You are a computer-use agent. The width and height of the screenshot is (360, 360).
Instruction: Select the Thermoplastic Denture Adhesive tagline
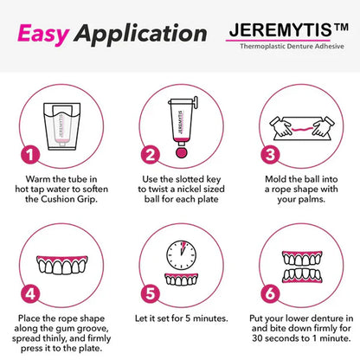click(293, 48)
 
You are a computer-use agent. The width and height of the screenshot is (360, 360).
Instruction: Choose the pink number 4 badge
click(29, 292)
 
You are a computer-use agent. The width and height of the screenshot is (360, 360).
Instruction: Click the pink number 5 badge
click(150, 292)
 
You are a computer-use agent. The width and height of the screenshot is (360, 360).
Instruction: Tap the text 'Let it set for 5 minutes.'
click(179, 318)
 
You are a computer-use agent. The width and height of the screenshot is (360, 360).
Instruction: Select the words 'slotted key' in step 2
click(195, 179)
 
